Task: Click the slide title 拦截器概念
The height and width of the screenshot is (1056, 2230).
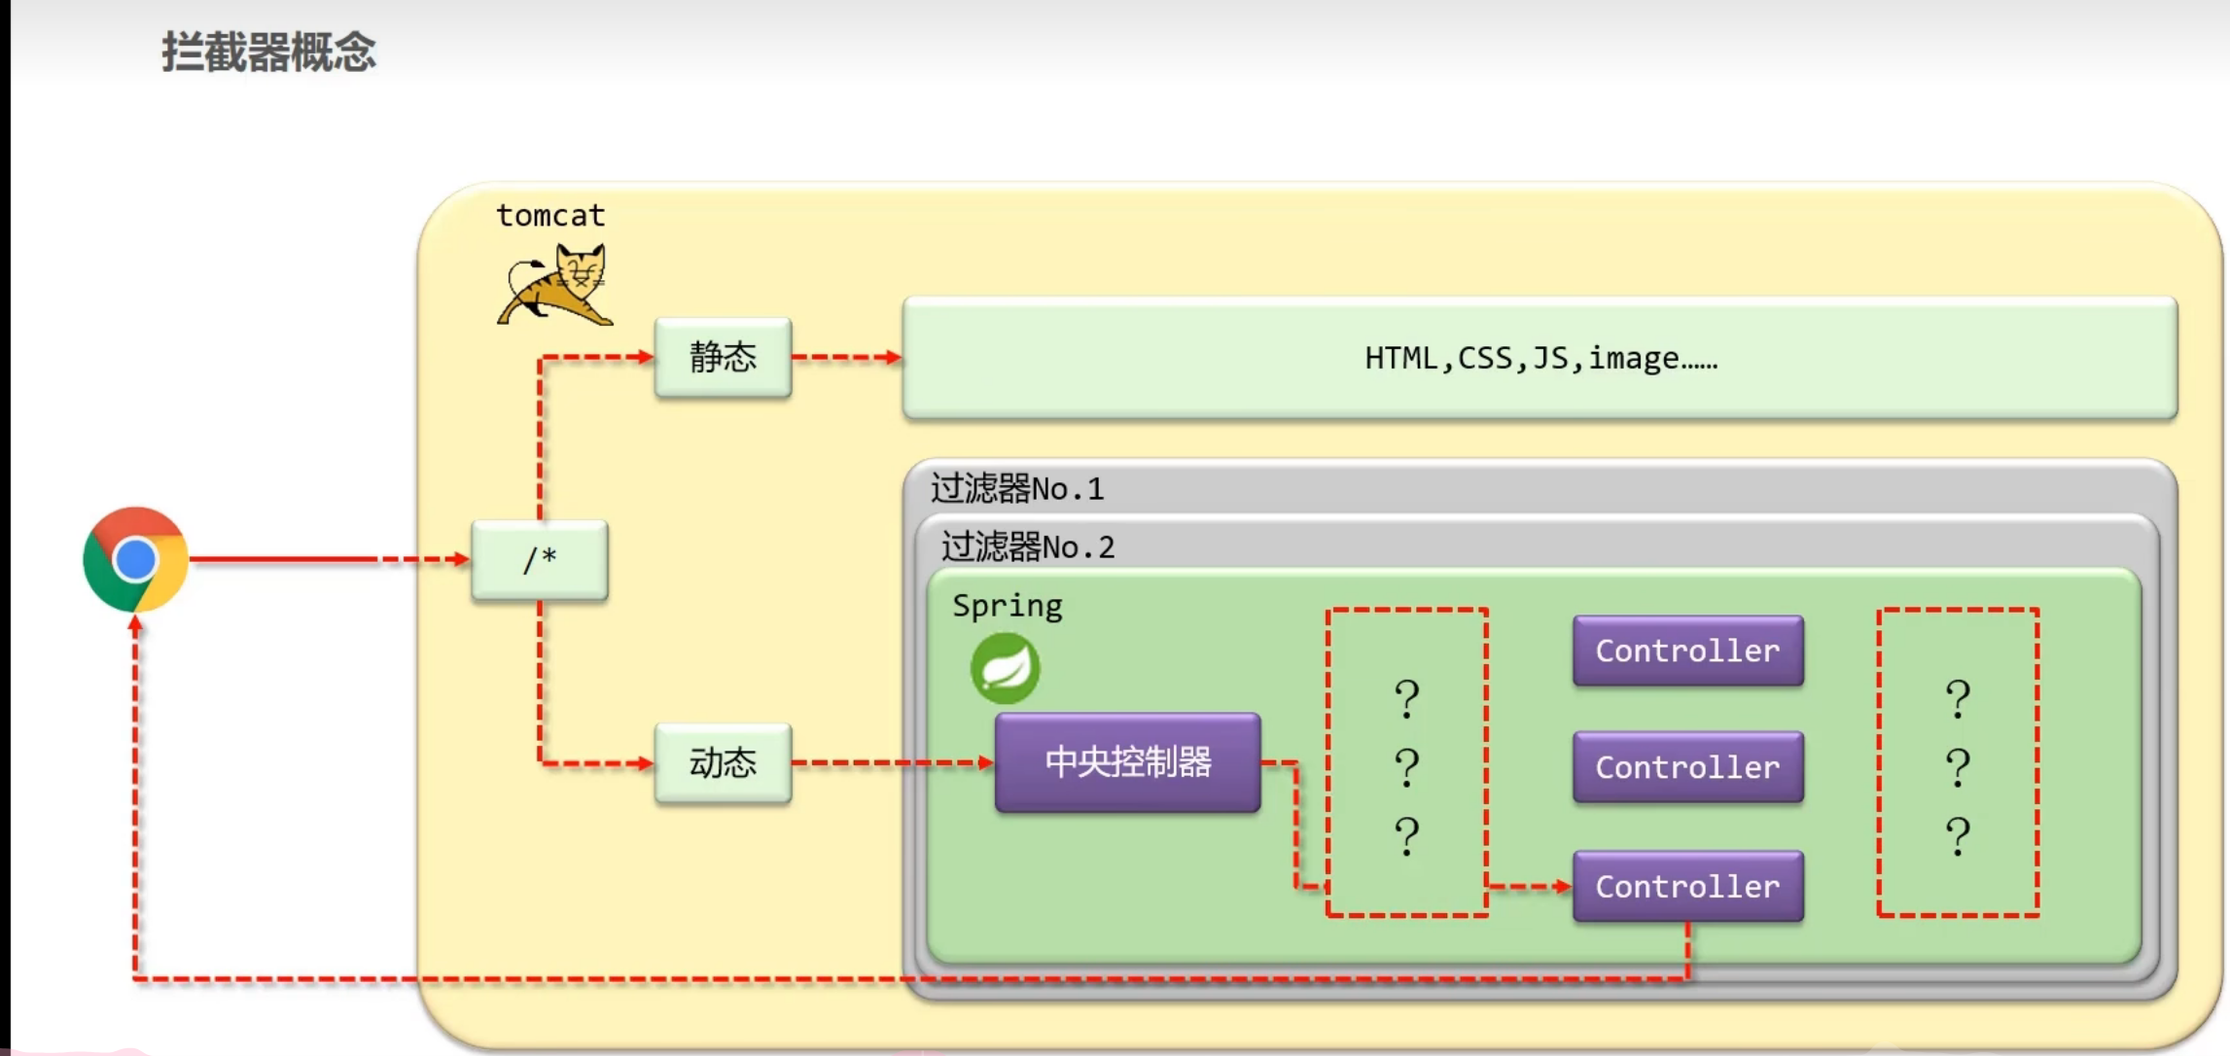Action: [x=268, y=52]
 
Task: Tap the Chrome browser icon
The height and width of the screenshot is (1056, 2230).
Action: [x=135, y=559]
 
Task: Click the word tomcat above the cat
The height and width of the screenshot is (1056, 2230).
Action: [x=550, y=215]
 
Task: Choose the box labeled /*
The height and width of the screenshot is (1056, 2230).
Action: [x=540, y=560]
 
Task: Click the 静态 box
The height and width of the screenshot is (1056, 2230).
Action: [x=723, y=358]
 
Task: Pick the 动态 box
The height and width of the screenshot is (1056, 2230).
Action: [x=723, y=763]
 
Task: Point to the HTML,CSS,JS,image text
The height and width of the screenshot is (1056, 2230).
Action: [x=1540, y=359]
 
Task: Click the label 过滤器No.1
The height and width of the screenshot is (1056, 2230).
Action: [x=1017, y=488]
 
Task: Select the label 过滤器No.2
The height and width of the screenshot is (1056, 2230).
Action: [x=1028, y=547]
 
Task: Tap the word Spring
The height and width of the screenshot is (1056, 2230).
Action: [x=1007, y=606]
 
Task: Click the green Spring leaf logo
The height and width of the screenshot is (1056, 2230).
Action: [x=1005, y=669]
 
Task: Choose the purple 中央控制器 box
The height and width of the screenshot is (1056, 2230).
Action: [x=1127, y=762]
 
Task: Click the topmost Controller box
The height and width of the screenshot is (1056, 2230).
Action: [x=1687, y=651]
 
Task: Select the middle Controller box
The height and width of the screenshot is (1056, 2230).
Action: [x=1687, y=767]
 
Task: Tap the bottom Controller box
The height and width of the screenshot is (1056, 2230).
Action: [x=1687, y=887]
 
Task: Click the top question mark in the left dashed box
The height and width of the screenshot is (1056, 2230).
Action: [x=1406, y=698]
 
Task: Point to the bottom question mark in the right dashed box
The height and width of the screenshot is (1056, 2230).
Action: [x=1958, y=836]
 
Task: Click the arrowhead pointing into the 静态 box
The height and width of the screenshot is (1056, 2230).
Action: [x=646, y=358]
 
